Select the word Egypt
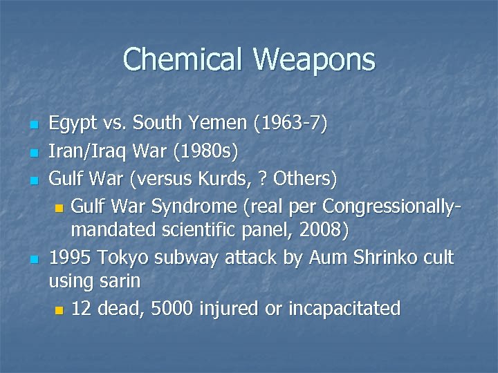pyautogui.click(x=73, y=124)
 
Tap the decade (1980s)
pyautogui.click(x=199, y=152)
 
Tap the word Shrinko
pyautogui.click(x=379, y=258)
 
